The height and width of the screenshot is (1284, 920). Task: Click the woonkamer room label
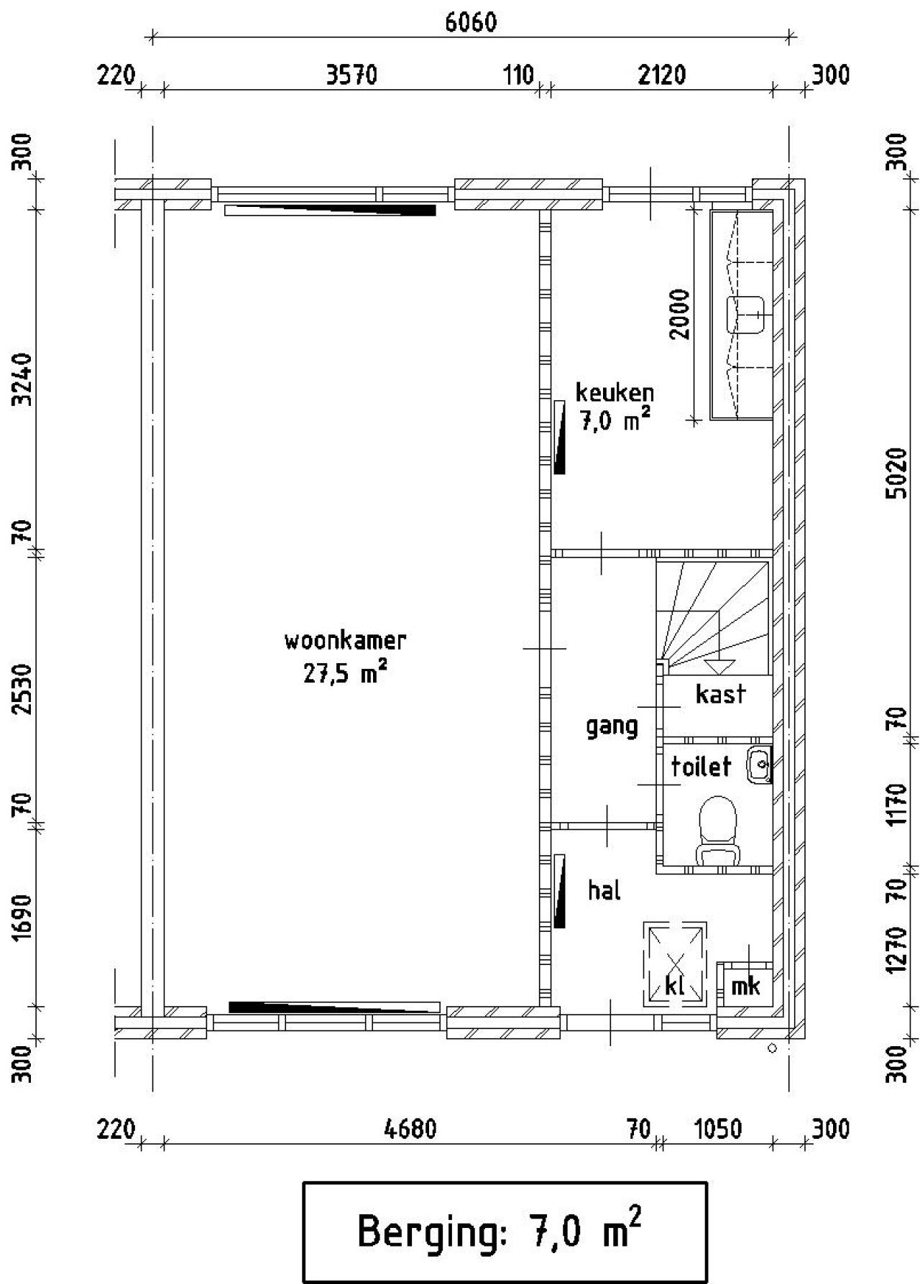coord(345,640)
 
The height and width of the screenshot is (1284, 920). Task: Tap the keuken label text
coord(615,392)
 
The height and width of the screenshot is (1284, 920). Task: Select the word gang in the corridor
coord(612,727)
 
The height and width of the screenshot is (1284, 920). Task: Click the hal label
coord(604,890)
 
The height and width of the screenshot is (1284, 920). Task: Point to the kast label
coord(720,694)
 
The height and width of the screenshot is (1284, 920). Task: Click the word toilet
coord(701,766)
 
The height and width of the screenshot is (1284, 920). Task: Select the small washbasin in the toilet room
coord(759,765)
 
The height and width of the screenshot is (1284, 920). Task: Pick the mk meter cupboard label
coord(745,986)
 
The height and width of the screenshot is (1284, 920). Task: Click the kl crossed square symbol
coord(675,964)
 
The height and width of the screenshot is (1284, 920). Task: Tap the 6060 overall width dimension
coord(471,22)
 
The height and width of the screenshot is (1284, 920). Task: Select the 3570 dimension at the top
coord(351,75)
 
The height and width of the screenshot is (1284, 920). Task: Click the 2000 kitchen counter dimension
coord(679,314)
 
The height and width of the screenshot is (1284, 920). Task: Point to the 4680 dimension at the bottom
coord(410,1130)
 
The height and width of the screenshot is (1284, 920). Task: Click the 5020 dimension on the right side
coord(898,473)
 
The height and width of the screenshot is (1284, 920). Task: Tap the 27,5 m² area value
coord(345,674)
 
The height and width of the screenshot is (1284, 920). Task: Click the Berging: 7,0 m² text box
coord(505,1232)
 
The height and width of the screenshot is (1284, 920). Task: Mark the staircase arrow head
coord(719,666)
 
